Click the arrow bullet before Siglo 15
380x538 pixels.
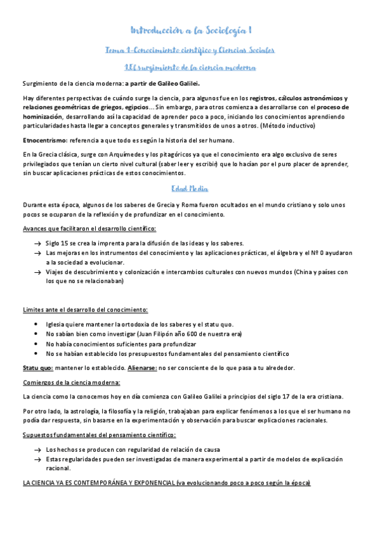click(x=37, y=244)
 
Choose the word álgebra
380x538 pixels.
click(x=281, y=253)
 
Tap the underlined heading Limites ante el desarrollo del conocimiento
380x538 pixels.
click(x=85, y=310)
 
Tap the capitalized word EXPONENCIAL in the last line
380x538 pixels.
click(x=145, y=483)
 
